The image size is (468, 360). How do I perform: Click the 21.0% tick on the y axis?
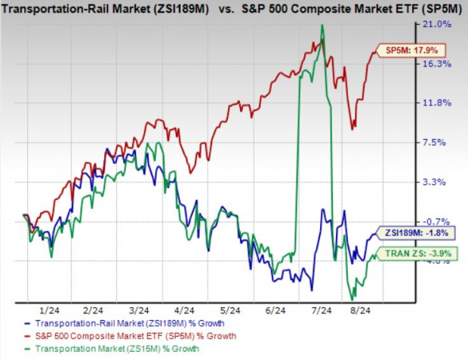440,25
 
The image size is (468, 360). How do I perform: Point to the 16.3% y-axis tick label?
440,64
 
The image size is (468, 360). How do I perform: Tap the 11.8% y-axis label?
440,103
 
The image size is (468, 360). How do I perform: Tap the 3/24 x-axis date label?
140,309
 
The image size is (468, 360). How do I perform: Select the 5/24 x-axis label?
229,309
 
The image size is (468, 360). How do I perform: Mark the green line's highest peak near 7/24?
322,26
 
